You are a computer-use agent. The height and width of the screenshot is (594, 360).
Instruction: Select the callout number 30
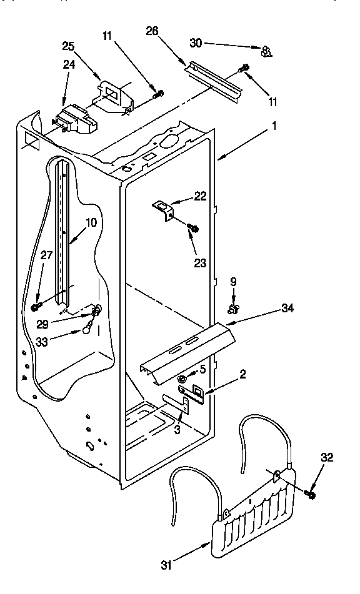[x=196, y=43]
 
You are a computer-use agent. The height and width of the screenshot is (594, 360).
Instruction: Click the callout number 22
[x=200, y=196]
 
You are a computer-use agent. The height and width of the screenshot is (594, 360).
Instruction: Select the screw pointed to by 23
[x=193, y=229]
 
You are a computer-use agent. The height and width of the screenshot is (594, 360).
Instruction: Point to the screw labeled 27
[x=36, y=307]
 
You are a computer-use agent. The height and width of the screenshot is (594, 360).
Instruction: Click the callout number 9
[x=233, y=282]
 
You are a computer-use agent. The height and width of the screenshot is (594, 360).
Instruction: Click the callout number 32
[x=327, y=458]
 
